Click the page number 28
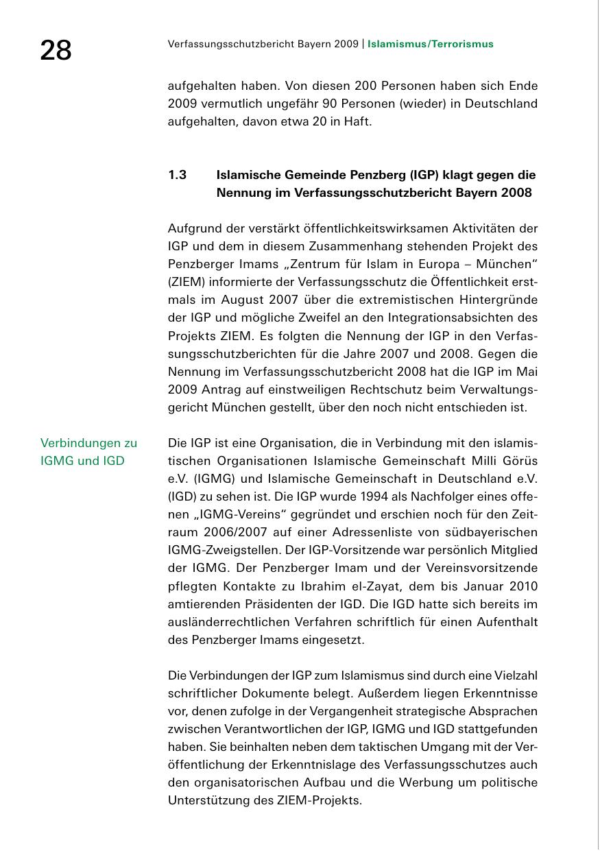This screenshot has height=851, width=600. pos(56,51)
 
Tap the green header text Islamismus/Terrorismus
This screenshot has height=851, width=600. pos(431,45)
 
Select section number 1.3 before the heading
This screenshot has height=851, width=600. pos(178,175)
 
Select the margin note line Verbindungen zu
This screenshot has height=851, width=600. pos(88,443)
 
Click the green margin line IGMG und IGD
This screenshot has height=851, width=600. pos(82,461)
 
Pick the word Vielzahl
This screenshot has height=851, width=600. pos(513,675)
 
